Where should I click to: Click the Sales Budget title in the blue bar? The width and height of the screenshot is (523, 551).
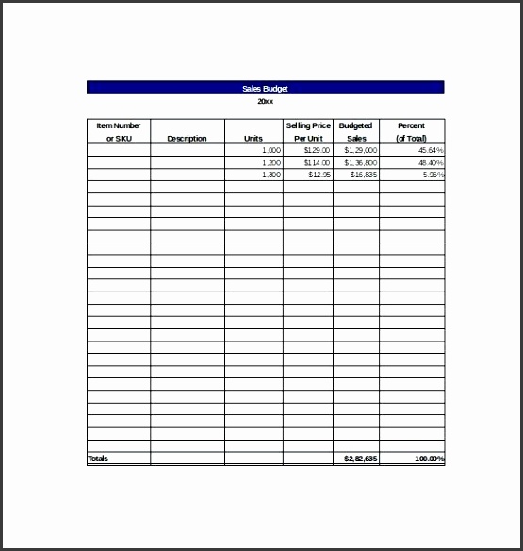264,88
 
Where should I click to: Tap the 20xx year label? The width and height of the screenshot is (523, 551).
265,101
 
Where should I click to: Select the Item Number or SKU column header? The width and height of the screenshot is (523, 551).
118,131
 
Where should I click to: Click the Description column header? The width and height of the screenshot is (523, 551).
187,138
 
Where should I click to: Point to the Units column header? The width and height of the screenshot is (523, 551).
253,138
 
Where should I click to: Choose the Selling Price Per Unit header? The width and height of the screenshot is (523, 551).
308,131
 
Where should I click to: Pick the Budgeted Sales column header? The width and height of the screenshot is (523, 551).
355,131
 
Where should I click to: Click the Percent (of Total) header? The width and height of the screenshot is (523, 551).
411,131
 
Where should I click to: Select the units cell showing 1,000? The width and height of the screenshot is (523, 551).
270,150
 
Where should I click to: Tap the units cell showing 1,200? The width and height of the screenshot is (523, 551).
270,162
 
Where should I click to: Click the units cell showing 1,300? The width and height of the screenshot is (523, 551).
270,175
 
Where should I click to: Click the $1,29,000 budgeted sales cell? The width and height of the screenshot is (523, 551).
361,150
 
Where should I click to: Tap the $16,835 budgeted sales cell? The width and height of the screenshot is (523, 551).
364,175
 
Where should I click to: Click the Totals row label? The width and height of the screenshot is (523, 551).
98,459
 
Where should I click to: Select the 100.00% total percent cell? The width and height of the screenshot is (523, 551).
429,459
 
